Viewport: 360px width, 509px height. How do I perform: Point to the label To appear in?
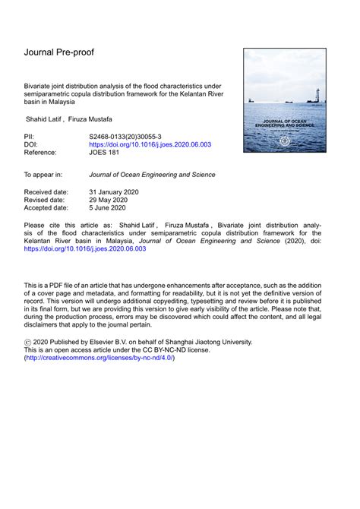point(43,174)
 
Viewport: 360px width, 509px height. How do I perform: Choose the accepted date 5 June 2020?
point(108,207)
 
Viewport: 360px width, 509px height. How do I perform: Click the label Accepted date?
point(46,207)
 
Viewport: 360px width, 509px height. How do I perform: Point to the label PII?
point(32,134)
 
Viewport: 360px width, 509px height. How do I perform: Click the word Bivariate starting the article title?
point(39,87)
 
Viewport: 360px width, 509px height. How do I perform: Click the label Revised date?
point(45,200)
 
